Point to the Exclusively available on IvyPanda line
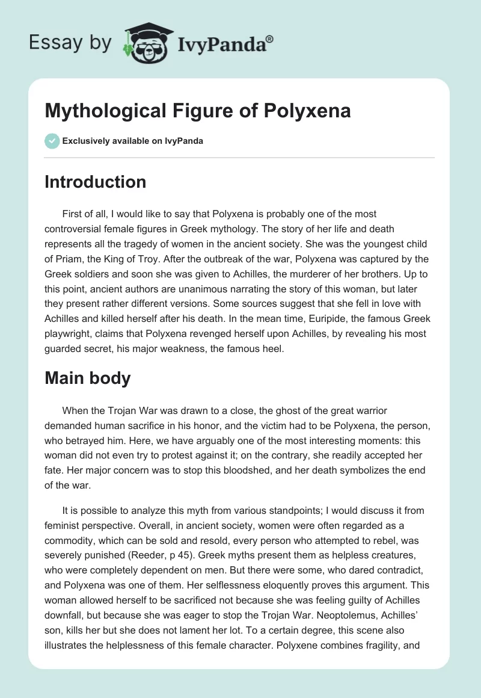[x=132, y=141]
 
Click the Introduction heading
[x=95, y=182]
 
